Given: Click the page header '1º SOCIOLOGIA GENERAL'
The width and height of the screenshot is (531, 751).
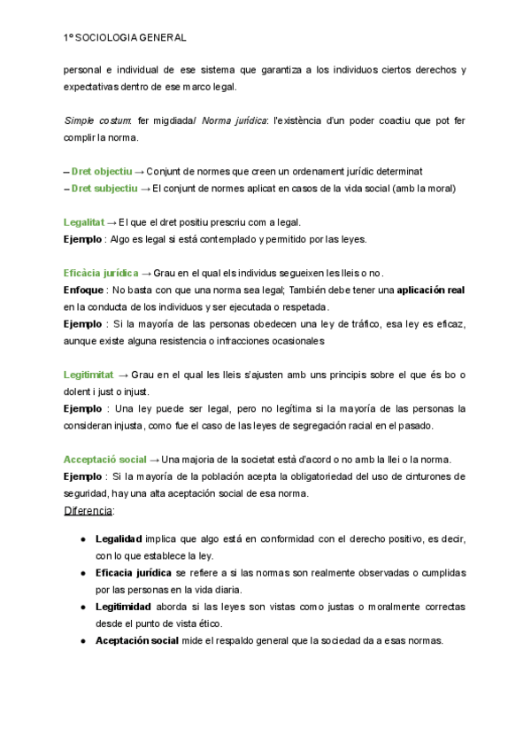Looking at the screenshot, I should click(x=125, y=39).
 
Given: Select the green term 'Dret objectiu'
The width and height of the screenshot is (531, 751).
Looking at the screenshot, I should click(x=102, y=171).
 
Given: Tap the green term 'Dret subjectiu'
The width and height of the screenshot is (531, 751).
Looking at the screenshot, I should click(x=104, y=188).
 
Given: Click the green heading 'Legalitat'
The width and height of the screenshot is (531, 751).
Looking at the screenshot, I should click(x=84, y=222).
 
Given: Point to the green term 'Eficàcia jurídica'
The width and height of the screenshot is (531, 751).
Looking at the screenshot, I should click(x=100, y=273).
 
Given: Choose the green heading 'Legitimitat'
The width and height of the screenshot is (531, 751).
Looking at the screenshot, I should click(x=88, y=375).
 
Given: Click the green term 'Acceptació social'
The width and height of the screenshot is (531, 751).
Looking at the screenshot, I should click(x=104, y=459).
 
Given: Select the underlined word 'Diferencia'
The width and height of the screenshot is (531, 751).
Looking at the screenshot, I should click(x=88, y=511).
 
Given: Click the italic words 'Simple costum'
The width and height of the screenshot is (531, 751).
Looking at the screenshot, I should click(x=97, y=120).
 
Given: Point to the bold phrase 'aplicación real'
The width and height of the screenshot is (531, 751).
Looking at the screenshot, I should click(x=431, y=290).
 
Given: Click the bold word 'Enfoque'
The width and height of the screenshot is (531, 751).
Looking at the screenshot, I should click(x=83, y=290).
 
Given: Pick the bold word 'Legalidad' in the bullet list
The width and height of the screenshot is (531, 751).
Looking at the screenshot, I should click(x=119, y=538).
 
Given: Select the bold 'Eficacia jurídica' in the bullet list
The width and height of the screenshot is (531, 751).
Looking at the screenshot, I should click(x=134, y=572).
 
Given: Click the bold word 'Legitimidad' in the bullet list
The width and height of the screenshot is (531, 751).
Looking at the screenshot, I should click(x=125, y=607).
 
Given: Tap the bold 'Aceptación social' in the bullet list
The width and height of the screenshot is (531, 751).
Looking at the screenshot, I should click(x=136, y=640).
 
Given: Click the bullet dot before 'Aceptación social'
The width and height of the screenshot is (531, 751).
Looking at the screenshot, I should click(x=83, y=640).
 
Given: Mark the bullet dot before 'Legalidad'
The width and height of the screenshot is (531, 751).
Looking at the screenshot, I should click(x=83, y=538).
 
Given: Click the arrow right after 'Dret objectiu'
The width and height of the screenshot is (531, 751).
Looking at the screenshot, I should click(x=139, y=171).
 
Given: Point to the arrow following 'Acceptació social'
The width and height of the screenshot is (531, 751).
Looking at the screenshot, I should click(x=155, y=459).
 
